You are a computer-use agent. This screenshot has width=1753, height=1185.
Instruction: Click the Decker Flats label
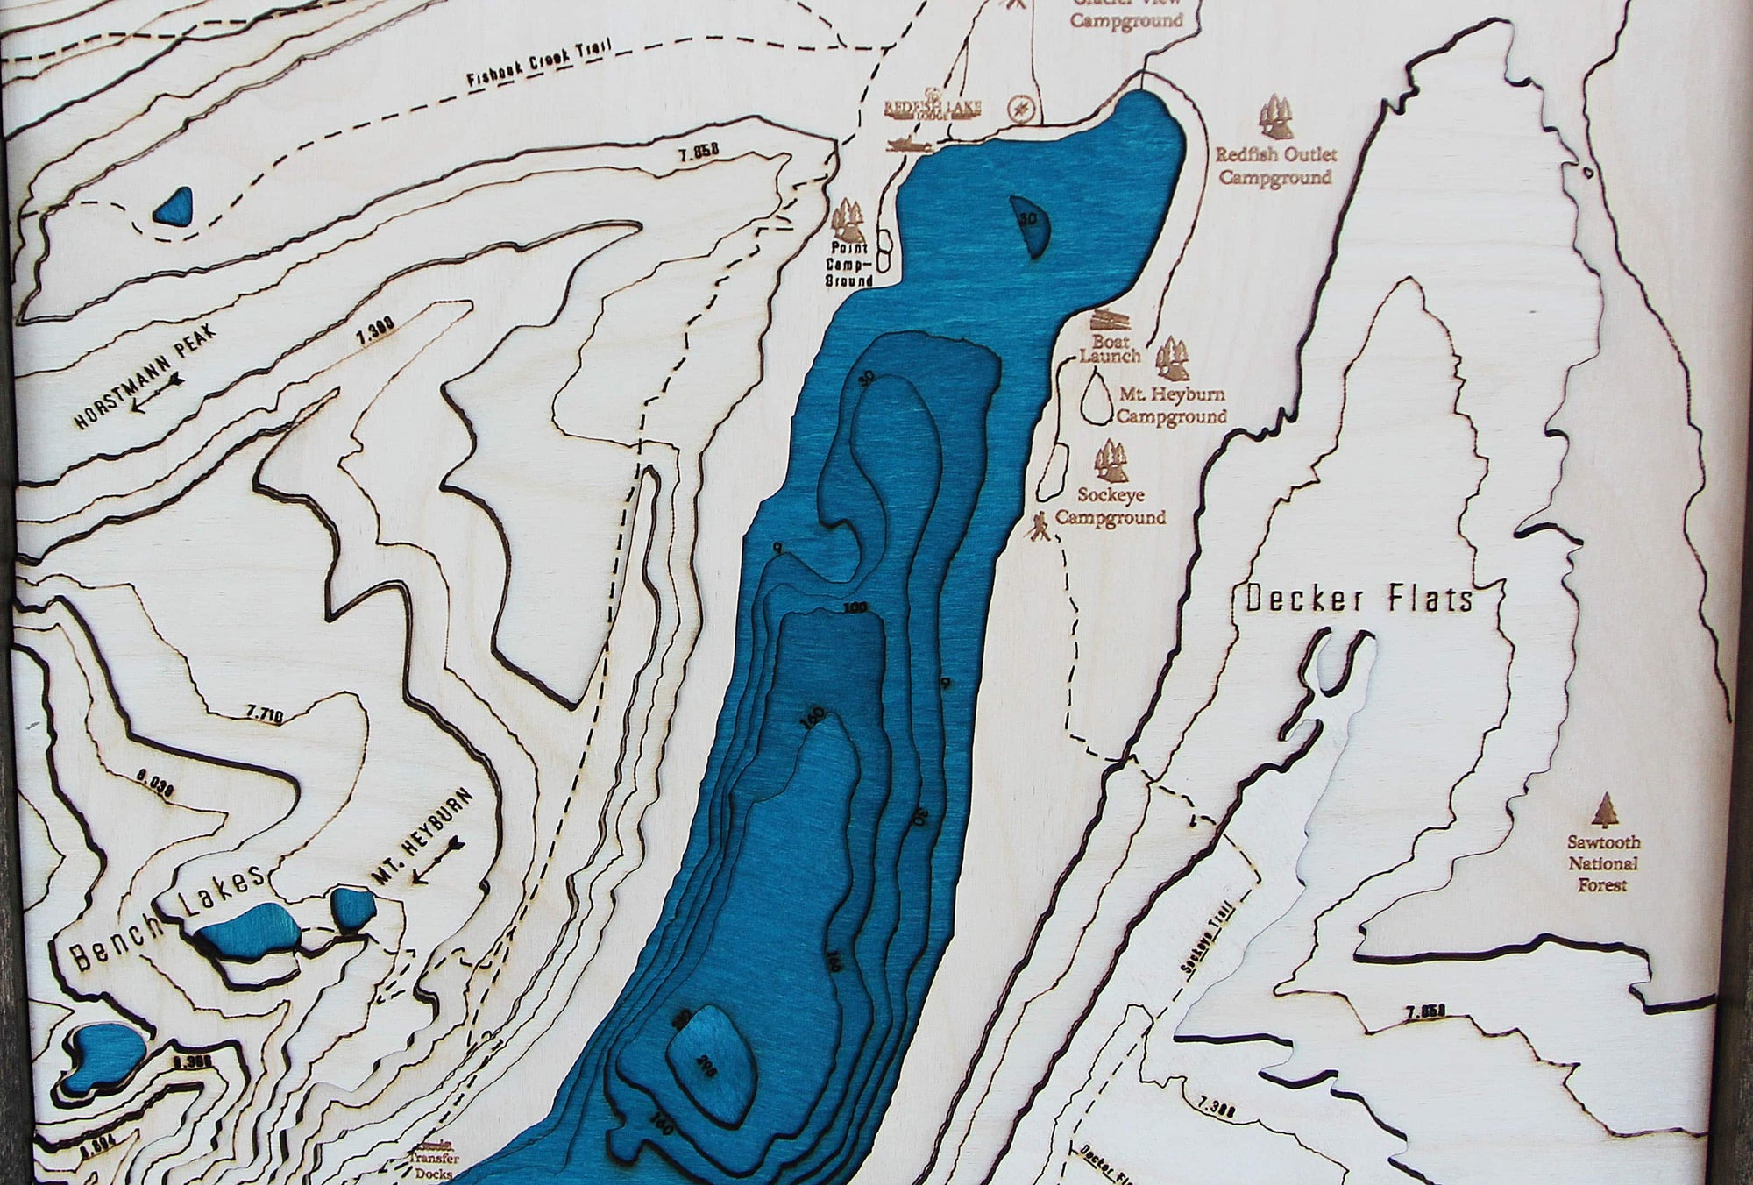pyautogui.click(x=1359, y=600)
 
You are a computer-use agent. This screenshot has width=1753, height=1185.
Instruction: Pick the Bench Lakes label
pyautogui.click(x=167, y=920)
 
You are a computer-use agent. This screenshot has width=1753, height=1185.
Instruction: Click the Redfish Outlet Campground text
pyautogui.click(x=1275, y=167)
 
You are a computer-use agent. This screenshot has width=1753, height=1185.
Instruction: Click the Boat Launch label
pyautogui.click(x=1110, y=348)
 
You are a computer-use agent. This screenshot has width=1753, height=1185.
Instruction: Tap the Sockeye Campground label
pyautogui.click(x=1111, y=507)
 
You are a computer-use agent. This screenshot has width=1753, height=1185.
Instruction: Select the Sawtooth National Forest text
pyautogui.click(x=1603, y=863)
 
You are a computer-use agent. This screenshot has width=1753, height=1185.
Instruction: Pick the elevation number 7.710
pyautogui.click(x=265, y=716)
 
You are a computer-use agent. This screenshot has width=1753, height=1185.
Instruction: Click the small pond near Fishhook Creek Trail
pyautogui.click(x=174, y=207)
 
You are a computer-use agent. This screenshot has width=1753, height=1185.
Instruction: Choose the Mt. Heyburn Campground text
pyautogui.click(x=1170, y=406)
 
